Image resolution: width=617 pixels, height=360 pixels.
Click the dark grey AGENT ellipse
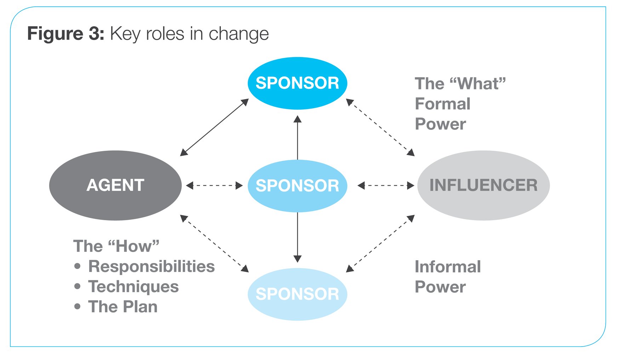coord(115,185)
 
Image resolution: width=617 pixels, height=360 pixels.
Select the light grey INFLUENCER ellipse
coord(483,185)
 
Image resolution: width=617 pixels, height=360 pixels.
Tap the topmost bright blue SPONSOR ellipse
coord(297,83)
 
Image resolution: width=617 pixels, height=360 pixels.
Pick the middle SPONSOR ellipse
coord(297,185)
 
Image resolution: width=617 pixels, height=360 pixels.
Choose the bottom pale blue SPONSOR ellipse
coord(297,294)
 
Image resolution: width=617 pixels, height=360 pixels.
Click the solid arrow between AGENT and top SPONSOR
coord(215,127)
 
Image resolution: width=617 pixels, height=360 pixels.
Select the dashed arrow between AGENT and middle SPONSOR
coord(215,185)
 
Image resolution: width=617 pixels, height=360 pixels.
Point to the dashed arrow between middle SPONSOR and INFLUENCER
coord(386,185)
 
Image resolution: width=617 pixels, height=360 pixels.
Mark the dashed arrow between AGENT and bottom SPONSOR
coord(215,244)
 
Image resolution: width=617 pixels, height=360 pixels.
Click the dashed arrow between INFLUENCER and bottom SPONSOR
coord(381,244)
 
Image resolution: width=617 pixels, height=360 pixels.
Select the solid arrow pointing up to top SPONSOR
coord(297,138)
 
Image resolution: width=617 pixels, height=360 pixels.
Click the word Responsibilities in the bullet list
coord(151,267)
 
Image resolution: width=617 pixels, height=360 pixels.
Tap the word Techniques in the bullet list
coord(133,287)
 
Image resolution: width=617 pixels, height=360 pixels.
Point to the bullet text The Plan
coord(122,307)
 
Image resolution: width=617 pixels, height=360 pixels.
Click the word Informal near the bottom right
coord(447,267)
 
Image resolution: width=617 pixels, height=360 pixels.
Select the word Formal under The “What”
coord(442,104)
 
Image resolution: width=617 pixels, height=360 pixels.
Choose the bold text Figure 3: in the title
coord(65,34)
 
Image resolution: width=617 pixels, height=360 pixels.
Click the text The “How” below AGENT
coord(116,246)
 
